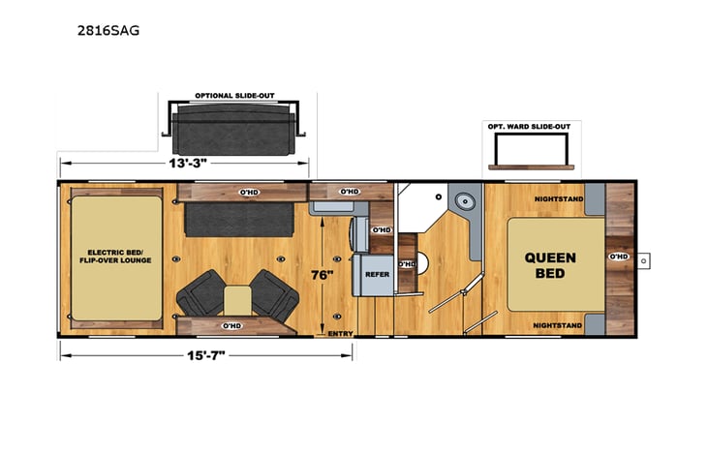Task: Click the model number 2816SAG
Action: pos(108,30)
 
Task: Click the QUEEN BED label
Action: pos(550,265)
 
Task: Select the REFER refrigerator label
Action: pos(377,274)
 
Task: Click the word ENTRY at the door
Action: pos(340,333)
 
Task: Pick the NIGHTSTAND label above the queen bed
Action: pos(556,199)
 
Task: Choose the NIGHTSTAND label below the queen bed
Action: pos(556,326)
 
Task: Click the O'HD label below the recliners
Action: pos(231,326)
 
